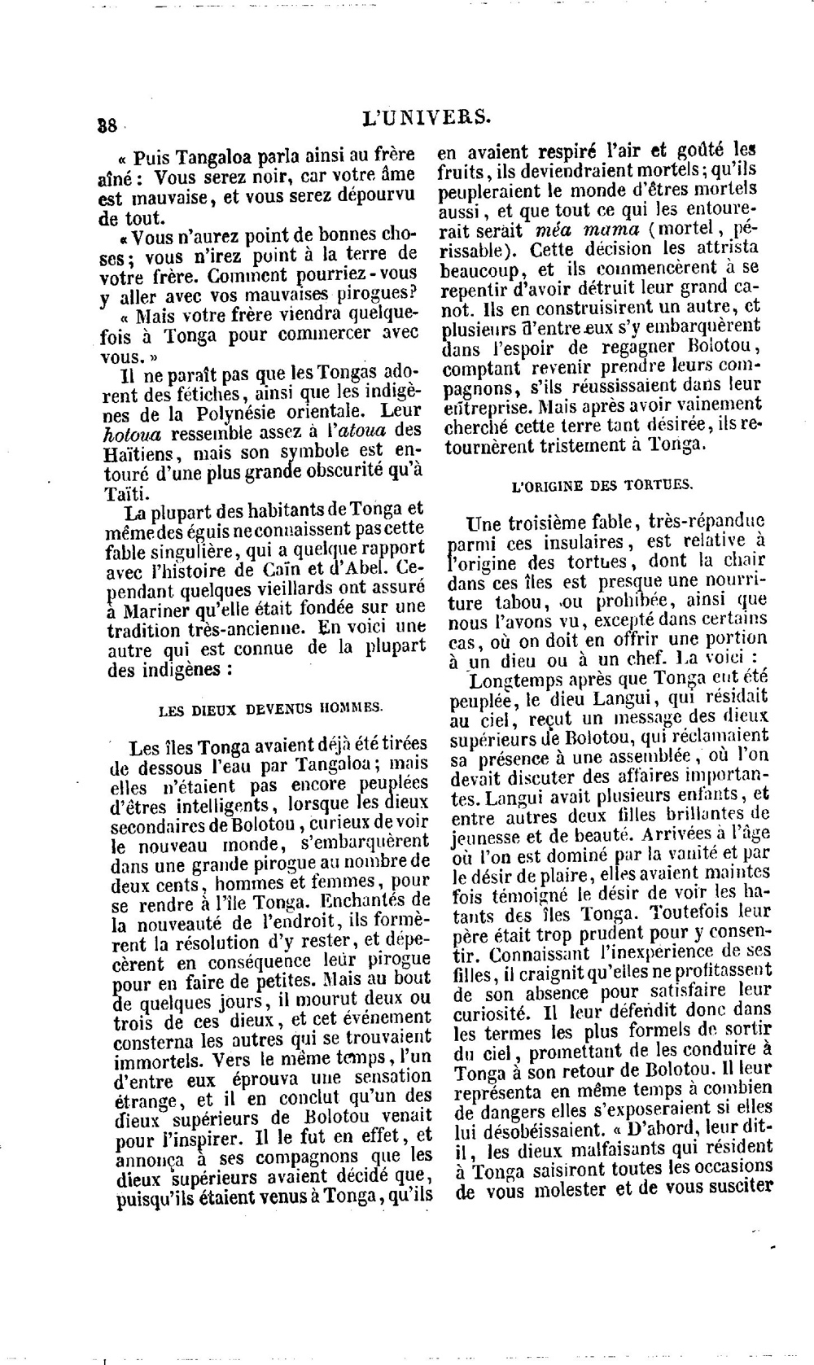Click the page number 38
(107, 125)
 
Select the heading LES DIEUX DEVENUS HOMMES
(270, 708)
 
